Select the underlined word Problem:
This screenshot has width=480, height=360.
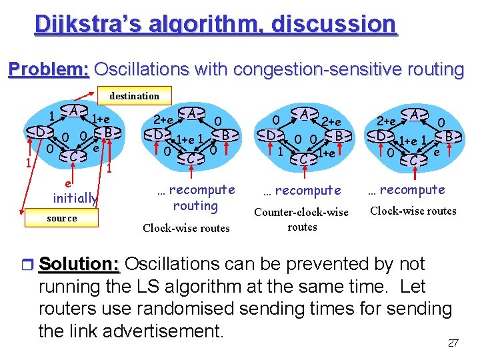tap(48, 69)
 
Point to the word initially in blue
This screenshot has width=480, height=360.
tap(75, 198)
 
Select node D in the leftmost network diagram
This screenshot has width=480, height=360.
tap(41, 132)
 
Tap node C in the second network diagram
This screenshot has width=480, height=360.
tap(191, 159)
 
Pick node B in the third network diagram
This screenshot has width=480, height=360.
tap(338, 135)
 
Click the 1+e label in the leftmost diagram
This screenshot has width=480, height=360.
tap(101, 119)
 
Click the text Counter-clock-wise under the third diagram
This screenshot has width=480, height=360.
tap(301, 212)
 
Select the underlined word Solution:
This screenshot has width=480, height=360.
tap(79, 264)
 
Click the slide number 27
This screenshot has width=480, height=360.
tap(453, 343)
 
